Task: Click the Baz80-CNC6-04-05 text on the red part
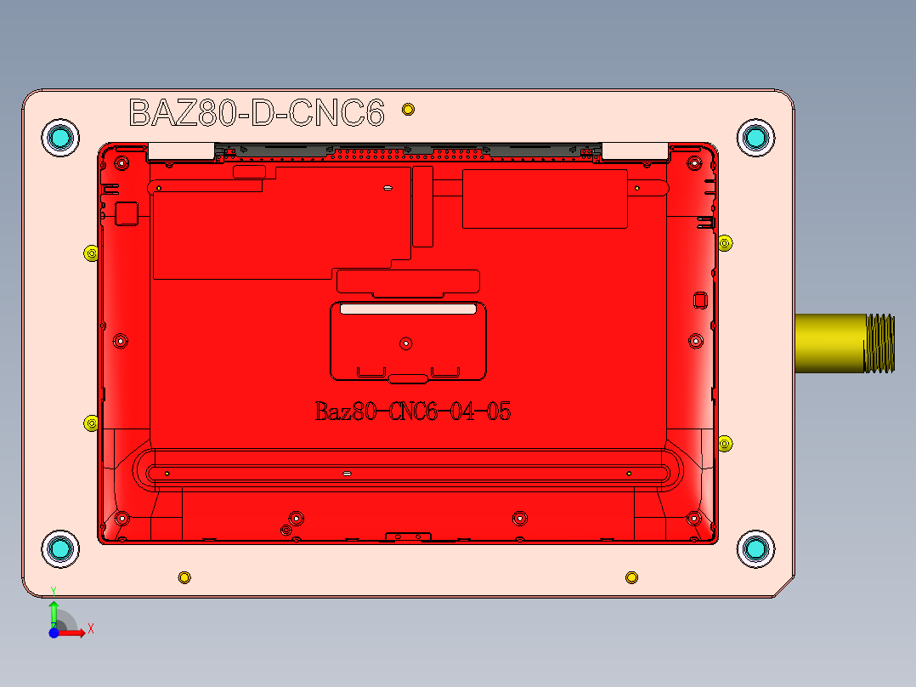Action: pyautogui.click(x=413, y=412)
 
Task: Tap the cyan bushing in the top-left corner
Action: pyautogui.click(x=60, y=137)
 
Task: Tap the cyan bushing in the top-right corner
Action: pyautogui.click(x=755, y=137)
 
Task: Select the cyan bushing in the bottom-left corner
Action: pyautogui.click(x=60, y=549)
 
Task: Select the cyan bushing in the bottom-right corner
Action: pyautogui.click(x=755, y=549)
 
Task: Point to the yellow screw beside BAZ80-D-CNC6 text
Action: pyautogui.click(x=409, y=109)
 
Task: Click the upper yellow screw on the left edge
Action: pyautogui.click(x=90, y=253)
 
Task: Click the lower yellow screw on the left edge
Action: pyautogui.click(x=90, y=423)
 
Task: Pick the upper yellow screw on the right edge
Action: pyautogui.click(x=725, y=243)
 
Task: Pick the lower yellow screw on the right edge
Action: pyautogui.click(x=725, y=443)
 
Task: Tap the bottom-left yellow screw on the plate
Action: pyautogui.click(x=184, y=578)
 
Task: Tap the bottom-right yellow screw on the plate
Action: pyautogui.click(x=631, y=578)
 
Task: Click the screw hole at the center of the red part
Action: pyautogui.click(x=406, y=343)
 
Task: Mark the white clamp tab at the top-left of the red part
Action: pyautogui.click(x=181, y=151)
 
